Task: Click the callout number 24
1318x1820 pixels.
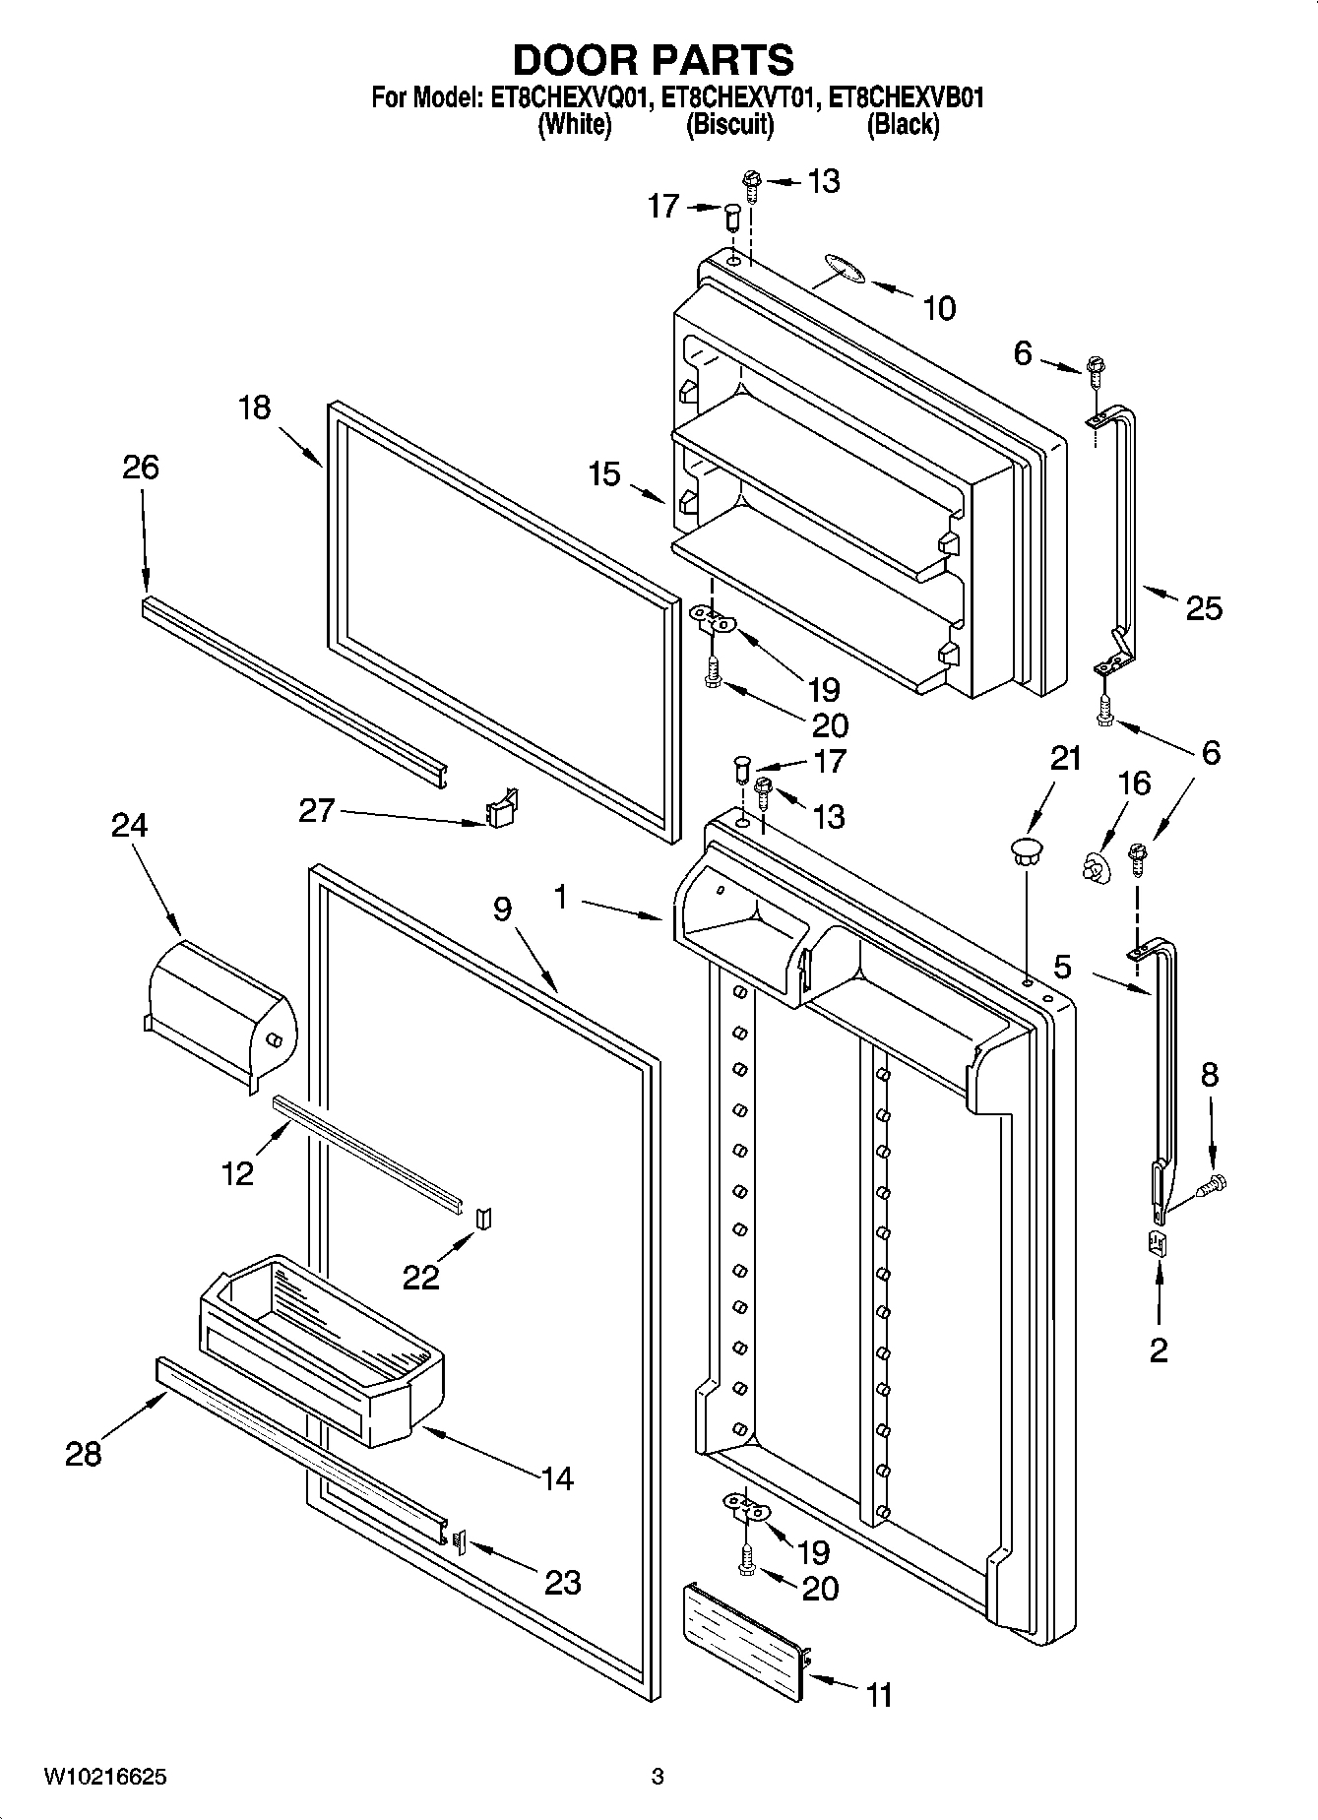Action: (x=129, y=825)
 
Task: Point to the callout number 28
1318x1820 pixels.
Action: (x=84, y=1453)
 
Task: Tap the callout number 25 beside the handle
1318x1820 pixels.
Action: (x=1203, y=609)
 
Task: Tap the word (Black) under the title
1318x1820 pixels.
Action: (x=902, y=125)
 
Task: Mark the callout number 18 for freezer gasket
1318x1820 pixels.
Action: (x=254, y=407)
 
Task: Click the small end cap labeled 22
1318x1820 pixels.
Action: (x=484, y=1219)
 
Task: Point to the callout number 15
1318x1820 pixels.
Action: (x=605, y=473)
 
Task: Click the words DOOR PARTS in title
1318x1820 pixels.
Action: (x=653, y=60)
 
